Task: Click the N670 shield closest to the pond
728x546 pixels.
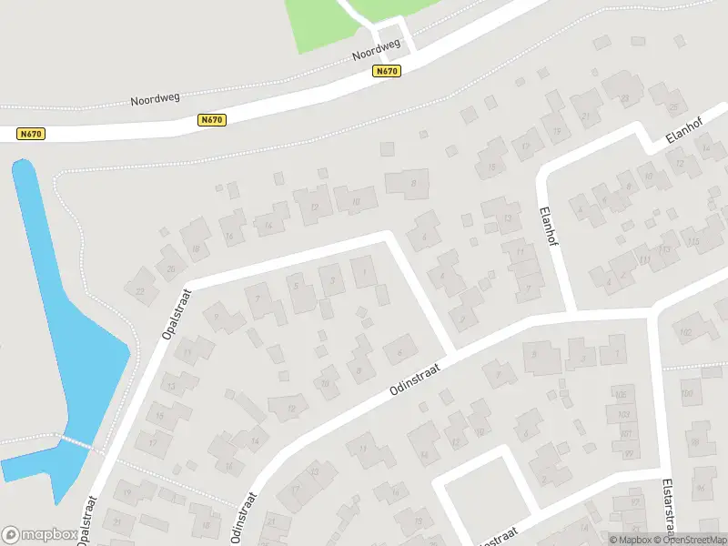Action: click(31, 134)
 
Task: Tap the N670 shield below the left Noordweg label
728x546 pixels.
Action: click(211, 120)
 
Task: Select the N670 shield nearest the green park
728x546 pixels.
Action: click(387, 72)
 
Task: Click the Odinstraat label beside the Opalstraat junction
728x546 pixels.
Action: click(415, 380)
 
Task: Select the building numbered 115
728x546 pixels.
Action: click(694, 241)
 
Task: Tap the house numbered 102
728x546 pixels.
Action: click(686, 331)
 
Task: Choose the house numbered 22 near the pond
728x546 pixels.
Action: click(140, 291)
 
